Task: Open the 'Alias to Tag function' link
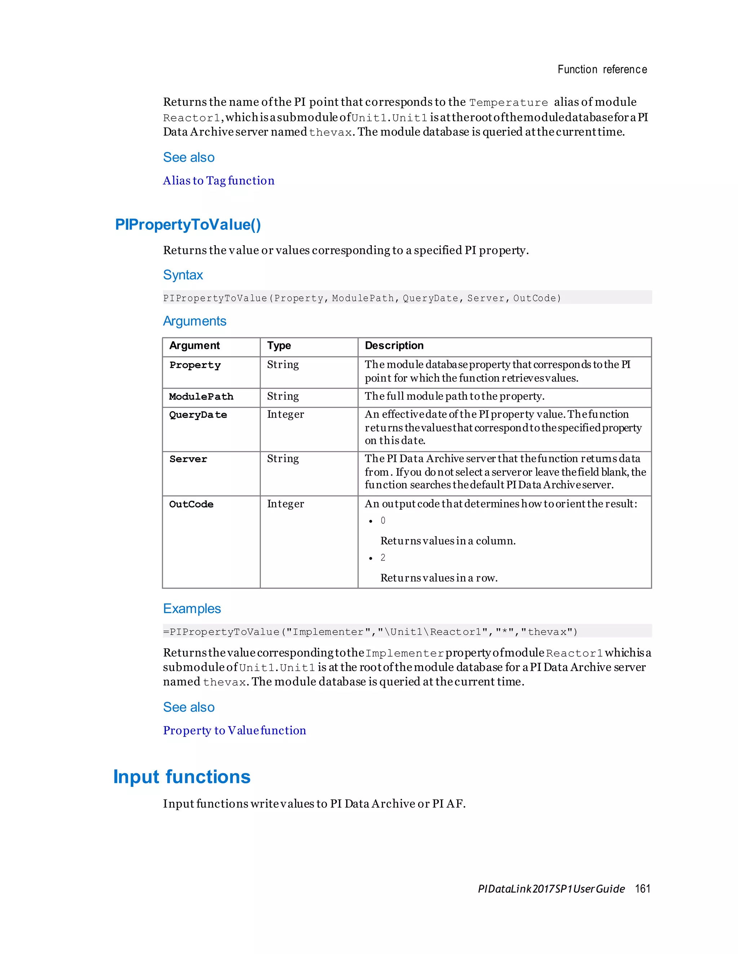tap(219, 180)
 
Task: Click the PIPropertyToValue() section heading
tap(188, 225)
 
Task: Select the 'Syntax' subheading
tap(183, 275)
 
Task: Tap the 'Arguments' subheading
tap(195, 321)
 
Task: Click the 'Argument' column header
tap(195, 346)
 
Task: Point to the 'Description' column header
tap(394, 346)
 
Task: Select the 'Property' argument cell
tap(195, 365)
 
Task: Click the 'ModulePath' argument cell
tap(201, 397)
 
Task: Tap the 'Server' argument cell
tap(188, 459)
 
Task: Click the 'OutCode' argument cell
tap(191, 504)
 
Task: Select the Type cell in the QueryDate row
tap(285, 414)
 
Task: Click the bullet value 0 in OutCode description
tap(383, 521)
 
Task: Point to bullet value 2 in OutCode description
tap(383, 558)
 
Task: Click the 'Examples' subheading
tap(192, 608)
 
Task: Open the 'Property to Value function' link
tap(234, 730)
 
